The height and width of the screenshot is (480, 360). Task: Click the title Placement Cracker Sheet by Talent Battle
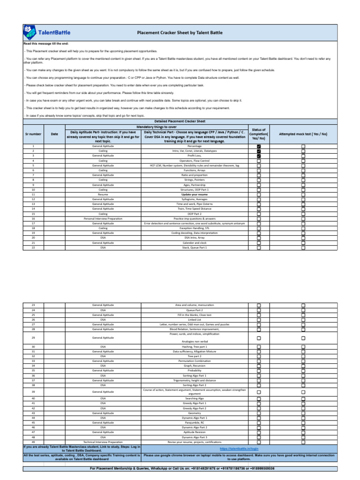(x=180, y=33)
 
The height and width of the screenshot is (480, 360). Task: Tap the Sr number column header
(x=33, y=134)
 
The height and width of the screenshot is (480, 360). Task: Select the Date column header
(x=54, y=134)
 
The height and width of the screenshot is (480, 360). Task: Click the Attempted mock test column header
(x=303, y=134)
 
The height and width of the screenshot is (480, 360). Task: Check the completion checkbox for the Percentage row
(x=259, y=146)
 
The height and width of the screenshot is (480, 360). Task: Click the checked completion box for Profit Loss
(x=259, y=156)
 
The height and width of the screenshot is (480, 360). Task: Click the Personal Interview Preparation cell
(x=103, y=218)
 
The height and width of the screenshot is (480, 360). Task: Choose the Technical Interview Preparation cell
(x=103, y=442)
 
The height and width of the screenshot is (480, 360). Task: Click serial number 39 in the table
(x=33, y=391)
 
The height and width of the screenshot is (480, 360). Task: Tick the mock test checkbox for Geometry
(x=303, y=413)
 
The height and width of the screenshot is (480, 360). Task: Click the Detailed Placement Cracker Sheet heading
(x=180, y=121)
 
